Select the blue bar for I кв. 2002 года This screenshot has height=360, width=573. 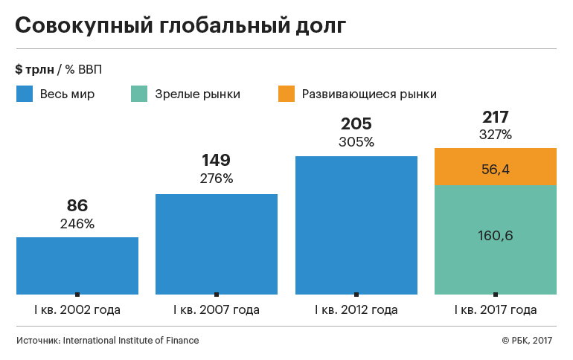pos(77,265)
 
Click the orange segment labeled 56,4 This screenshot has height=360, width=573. pos(496,168)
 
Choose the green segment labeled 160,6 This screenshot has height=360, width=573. pos(496,236)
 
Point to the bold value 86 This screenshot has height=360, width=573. pos(77,206)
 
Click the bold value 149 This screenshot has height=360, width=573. pos(217,160)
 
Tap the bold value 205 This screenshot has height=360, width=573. pos(356,123)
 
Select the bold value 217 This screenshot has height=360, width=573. pos(496,117)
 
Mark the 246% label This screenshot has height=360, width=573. pos(77,223)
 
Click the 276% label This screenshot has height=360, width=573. pos(217,178)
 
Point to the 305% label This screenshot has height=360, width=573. pos(356,141)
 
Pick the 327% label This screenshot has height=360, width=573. pos(496,135)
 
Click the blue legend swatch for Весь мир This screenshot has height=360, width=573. pos(25,94)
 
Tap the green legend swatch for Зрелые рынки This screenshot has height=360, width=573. pos(139,94)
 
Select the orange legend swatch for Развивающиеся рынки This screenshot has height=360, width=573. pos(286,94)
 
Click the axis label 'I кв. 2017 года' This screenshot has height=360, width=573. pos(496,309)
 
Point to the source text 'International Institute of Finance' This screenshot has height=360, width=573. pos(131,340)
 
